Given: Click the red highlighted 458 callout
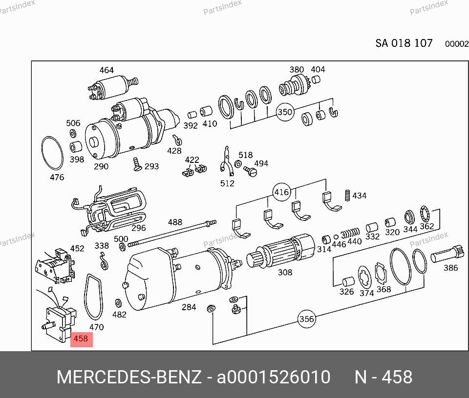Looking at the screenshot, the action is (x=82, y=339).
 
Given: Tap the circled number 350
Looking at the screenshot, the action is (x=285, y=112).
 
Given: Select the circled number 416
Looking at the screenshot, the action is (x=281, y=192).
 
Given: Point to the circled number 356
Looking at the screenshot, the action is (x=307, y=319).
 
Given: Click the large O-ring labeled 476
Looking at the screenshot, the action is (x=42, y=153).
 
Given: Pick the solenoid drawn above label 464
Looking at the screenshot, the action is (x=113, y=86).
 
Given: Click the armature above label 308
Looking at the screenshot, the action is (x=281, y=250).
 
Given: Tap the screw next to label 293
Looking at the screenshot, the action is (x=137, y=164).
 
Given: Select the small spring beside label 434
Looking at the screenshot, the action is (x=347, y=195).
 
